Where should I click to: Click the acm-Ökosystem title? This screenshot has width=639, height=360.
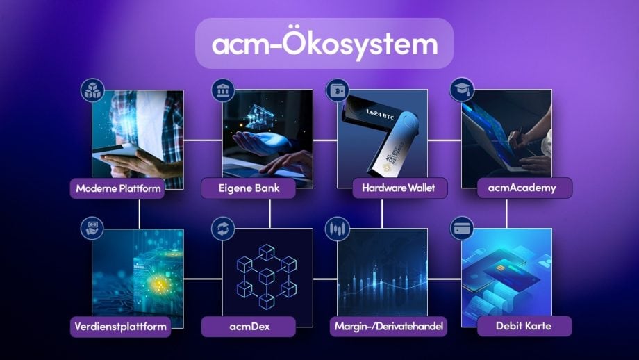click(x=324, y=44)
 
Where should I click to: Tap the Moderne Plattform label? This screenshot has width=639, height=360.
click(x=117, y=188)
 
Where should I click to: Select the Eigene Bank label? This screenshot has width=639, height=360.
click(x=249, y=188)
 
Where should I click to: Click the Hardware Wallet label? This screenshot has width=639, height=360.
click(x=399, y=188)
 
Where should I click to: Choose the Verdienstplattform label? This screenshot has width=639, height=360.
click(x=120, y=327)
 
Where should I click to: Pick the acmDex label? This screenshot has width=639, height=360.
click(x=249, y=327)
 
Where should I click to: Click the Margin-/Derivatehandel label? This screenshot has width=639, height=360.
click(x=388, y=326)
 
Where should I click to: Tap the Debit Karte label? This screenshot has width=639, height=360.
click(x=524, y=326)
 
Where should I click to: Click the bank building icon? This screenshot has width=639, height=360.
click(x=223, y=90)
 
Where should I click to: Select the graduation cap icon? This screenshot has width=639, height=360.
click(x=462, y=90)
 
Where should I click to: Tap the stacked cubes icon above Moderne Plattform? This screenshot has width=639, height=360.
click(x=92, y=90)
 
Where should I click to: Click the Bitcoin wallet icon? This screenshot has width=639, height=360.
click(x=338, y=90)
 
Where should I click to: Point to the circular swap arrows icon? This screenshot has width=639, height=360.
click(x=223, y=229)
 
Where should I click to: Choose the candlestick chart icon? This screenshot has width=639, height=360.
click(x=338, y=229)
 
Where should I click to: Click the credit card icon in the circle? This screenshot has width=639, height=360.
click(x=462, y=229)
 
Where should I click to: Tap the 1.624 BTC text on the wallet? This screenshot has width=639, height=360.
click(x=380, y=115)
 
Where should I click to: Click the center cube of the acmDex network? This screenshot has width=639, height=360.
click(x=267, y=277)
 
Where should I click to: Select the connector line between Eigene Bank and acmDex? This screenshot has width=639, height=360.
click(x=269, y=213)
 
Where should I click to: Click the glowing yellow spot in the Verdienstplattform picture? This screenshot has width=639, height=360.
click(x=159, y=284)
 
